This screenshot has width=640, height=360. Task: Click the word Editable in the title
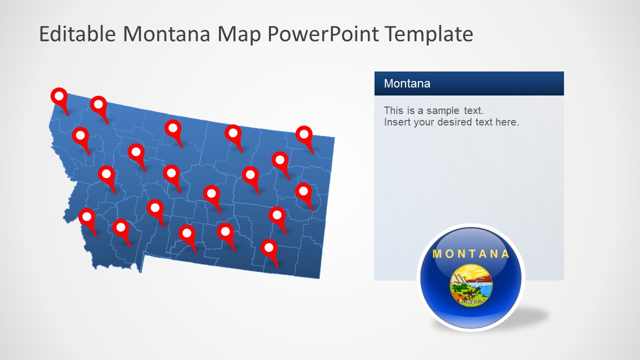coord(78,34)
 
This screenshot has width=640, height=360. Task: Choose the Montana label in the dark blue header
coord(407,83)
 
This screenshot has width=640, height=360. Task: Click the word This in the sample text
coord(393,110)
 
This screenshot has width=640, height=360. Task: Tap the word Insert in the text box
coord(396,122)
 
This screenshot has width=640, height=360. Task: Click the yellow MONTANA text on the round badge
coord(470,253)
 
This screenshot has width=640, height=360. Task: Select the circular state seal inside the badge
coord(470,285)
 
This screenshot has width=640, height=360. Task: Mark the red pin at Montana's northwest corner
coord(59,96)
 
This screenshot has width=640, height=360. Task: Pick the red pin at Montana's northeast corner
coord(304,134)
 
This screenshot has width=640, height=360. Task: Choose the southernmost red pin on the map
coord(269,247)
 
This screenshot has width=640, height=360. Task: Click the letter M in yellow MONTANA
coord(437,253)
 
